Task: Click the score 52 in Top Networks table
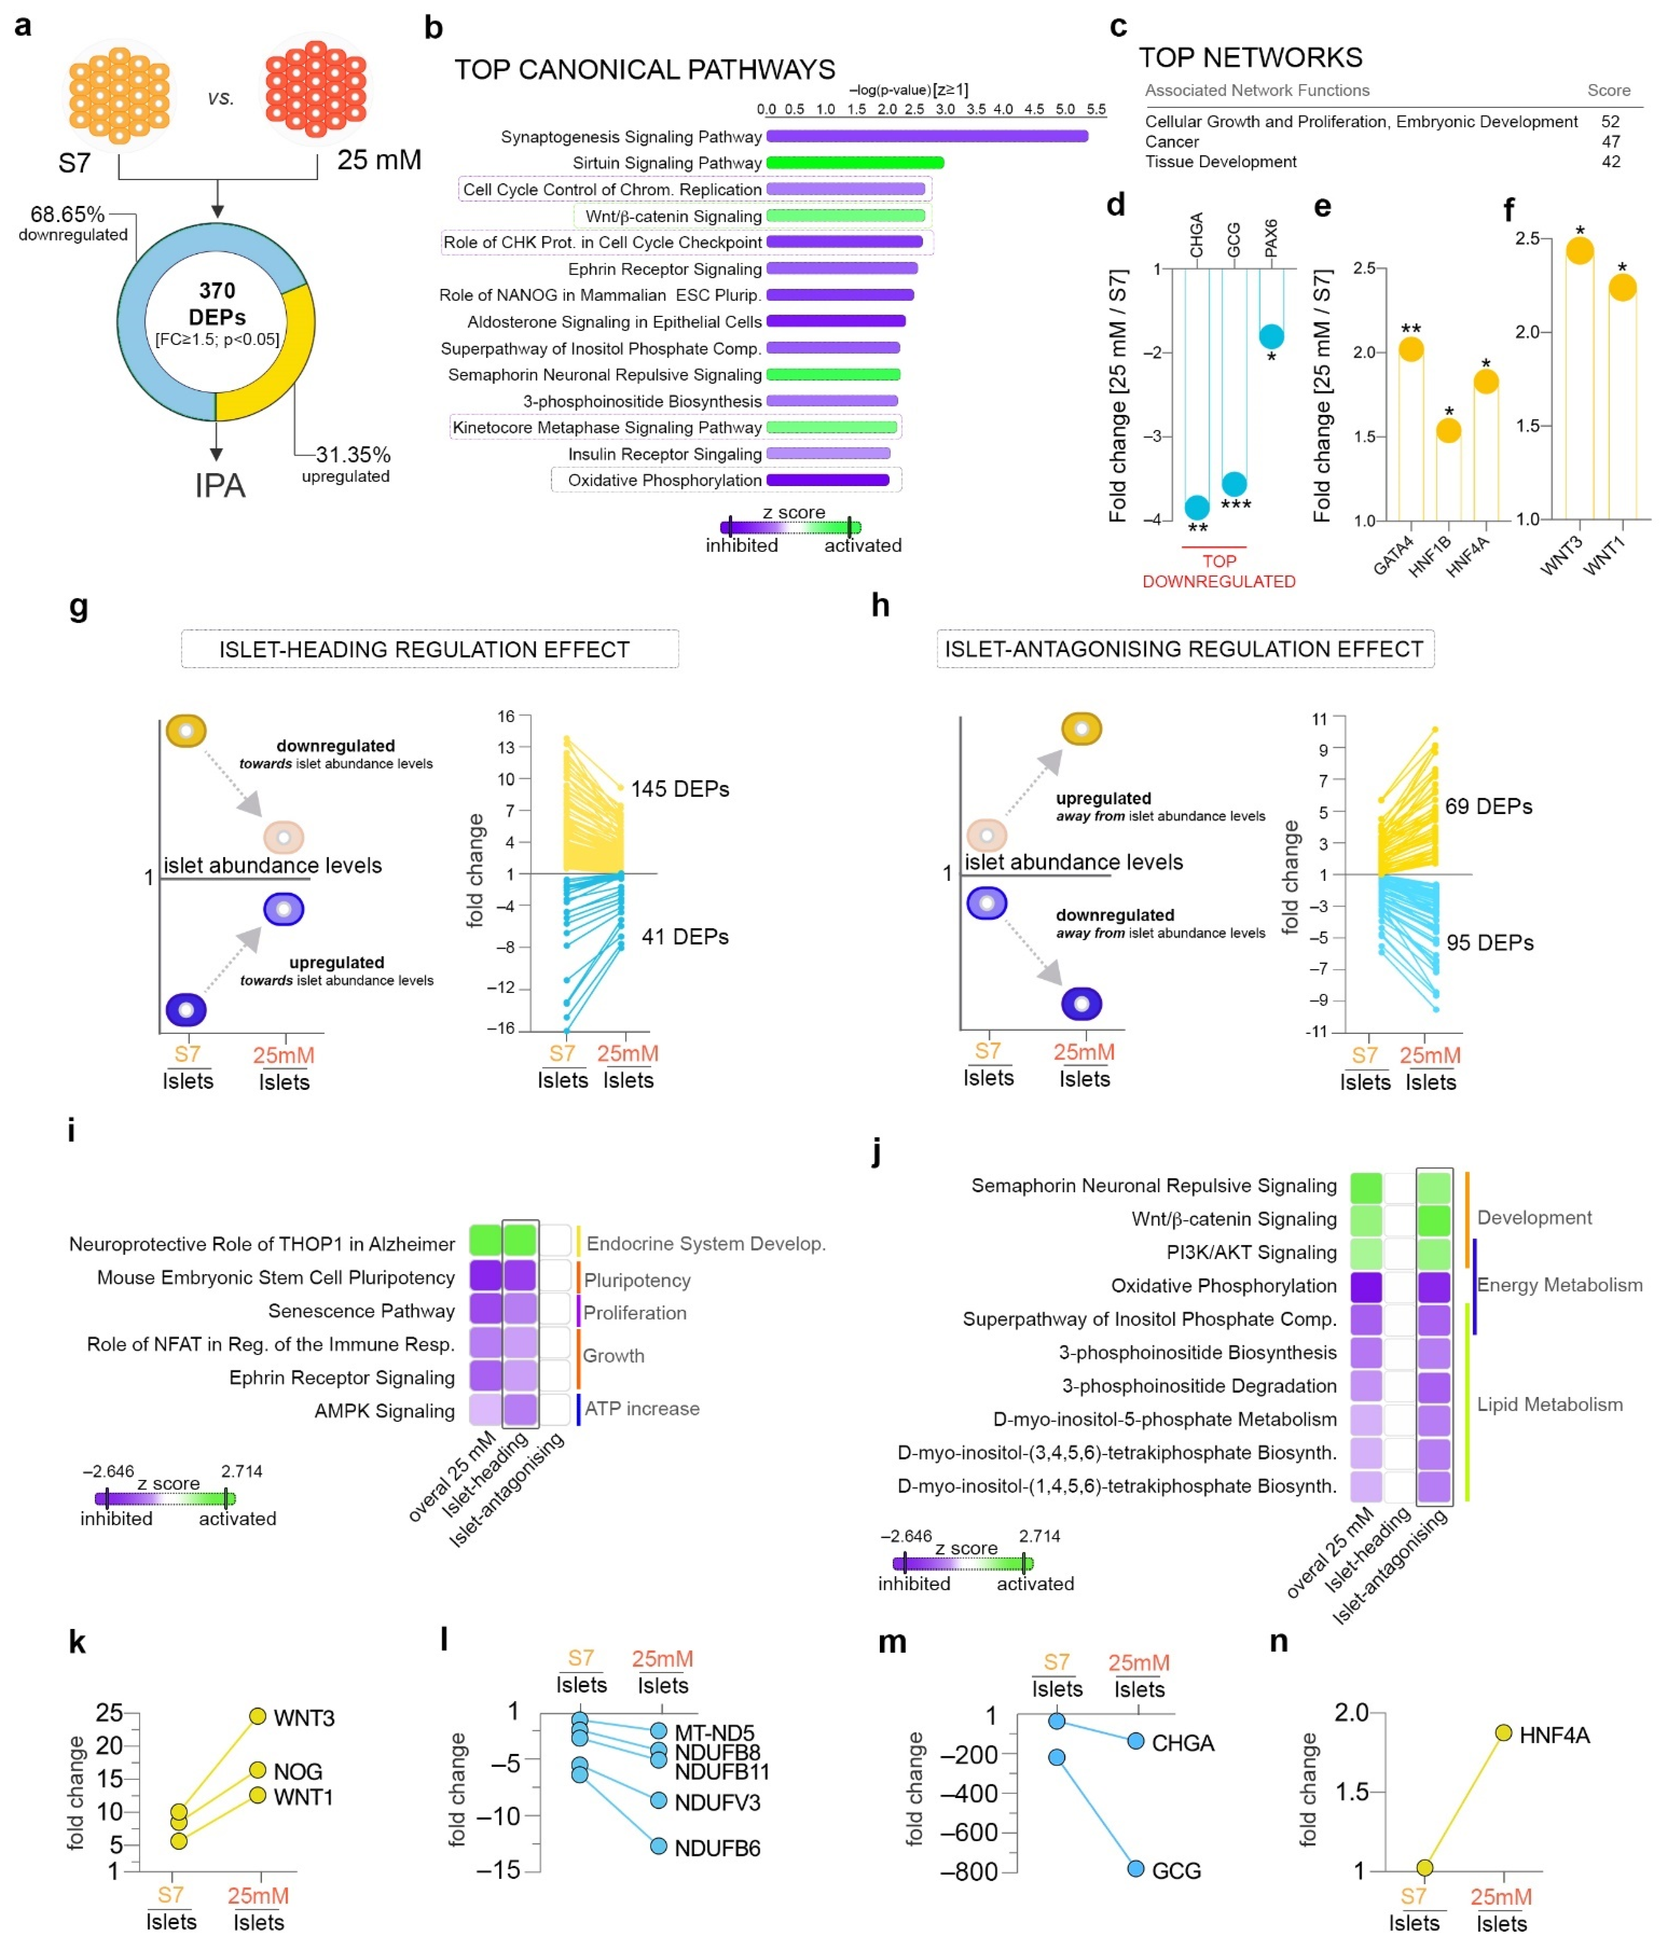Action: click(1610, 122)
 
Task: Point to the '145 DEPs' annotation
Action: click(679, 789)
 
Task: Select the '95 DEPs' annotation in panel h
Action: click(1489, 943)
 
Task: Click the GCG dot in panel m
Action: click(1136, 1868)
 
